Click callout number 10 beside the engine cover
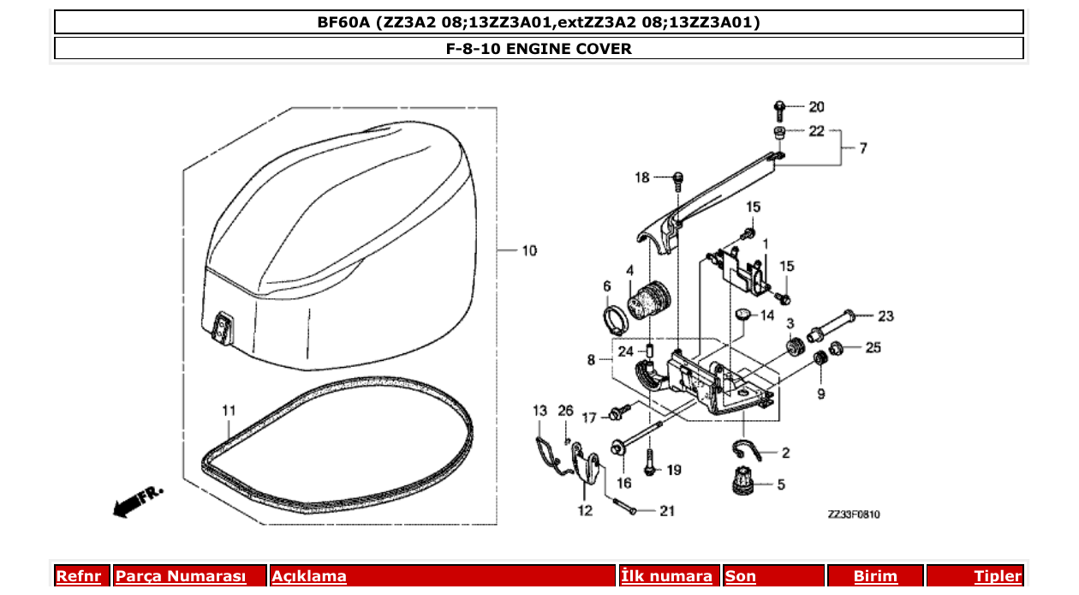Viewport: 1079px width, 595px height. point(528,251)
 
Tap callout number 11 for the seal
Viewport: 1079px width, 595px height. point(228,411)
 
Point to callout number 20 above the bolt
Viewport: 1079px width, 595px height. point(816,107)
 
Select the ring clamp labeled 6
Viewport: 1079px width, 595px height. point(613,322)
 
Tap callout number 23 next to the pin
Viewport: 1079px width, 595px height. point(885,316)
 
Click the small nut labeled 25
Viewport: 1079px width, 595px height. point(838,347)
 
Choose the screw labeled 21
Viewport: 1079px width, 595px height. point(623,507)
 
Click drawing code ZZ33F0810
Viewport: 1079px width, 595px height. point(853,514)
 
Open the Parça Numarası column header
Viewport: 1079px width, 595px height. point(180,576)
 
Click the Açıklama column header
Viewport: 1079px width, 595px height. point(309,576)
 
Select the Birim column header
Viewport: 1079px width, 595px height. point(875,576)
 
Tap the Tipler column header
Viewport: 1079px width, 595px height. point(997,576)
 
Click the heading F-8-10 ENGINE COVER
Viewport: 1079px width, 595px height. point(539,48)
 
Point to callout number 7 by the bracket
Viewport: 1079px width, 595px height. point(862,148)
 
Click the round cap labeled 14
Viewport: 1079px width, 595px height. point(743,315)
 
